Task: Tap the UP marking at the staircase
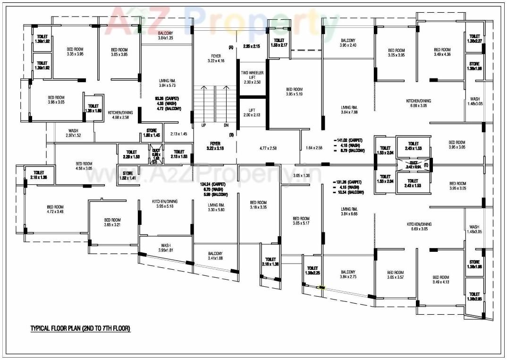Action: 203,126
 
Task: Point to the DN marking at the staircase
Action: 226,126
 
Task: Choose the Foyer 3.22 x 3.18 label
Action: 215,146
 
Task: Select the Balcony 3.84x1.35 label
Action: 165,35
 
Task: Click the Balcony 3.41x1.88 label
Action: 215,256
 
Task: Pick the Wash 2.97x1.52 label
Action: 73,133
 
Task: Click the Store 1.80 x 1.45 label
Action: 151,133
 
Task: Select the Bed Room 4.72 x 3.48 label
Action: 55,209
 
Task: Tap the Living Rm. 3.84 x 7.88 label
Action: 350,110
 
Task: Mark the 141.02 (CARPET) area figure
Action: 350,140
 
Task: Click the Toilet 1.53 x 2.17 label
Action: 279,43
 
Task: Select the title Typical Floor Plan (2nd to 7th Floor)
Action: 80,328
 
